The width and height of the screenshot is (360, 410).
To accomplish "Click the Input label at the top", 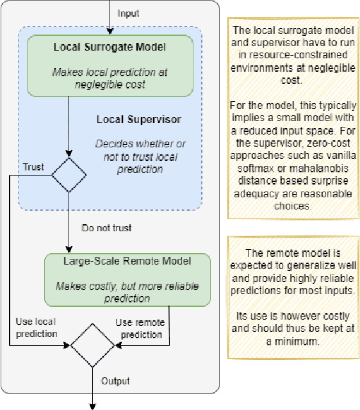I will [128, 13].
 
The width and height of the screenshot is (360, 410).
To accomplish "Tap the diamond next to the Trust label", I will [68, 174].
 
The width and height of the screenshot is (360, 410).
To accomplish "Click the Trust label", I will [33, 167].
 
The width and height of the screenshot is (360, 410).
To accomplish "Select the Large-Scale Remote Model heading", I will [127, 261].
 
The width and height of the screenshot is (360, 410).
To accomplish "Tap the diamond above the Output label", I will [92, 346].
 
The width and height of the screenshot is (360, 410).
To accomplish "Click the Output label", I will [115, 381].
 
